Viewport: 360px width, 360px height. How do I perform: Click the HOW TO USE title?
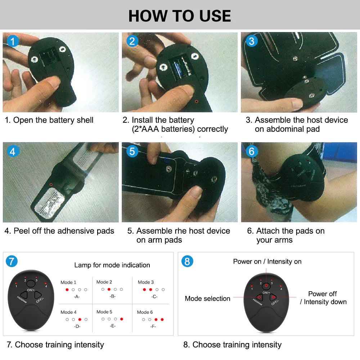(180, 16)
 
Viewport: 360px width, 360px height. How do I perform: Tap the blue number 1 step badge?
(13, 41)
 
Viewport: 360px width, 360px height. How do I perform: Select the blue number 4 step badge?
(13, 151)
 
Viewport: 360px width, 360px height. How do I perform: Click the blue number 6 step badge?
(251, 151)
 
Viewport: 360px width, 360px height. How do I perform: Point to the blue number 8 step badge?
(186, 261)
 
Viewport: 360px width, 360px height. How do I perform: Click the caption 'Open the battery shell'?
(49, 120)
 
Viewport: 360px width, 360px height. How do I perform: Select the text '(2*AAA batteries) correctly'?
(180, 129)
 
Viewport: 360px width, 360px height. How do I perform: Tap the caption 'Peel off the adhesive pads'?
(59, 231)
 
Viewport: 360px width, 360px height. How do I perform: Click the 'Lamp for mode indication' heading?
(112, 265)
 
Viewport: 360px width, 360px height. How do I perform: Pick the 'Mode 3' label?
(146, 282)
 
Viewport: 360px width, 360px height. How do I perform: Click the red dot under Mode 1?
(67, 289)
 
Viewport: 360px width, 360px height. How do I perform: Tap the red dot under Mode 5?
(121, 319)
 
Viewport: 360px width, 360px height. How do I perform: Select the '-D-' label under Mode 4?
(77, 326)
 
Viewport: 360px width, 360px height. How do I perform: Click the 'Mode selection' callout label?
(207, 298)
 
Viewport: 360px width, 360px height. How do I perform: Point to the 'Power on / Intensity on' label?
(267, 261)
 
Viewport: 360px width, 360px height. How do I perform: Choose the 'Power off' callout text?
(323, 294)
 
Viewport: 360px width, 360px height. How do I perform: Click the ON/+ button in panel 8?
(266, 287)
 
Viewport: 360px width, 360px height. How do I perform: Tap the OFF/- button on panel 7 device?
(37, 295)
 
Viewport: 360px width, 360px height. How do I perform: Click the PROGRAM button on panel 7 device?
(23, 295)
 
